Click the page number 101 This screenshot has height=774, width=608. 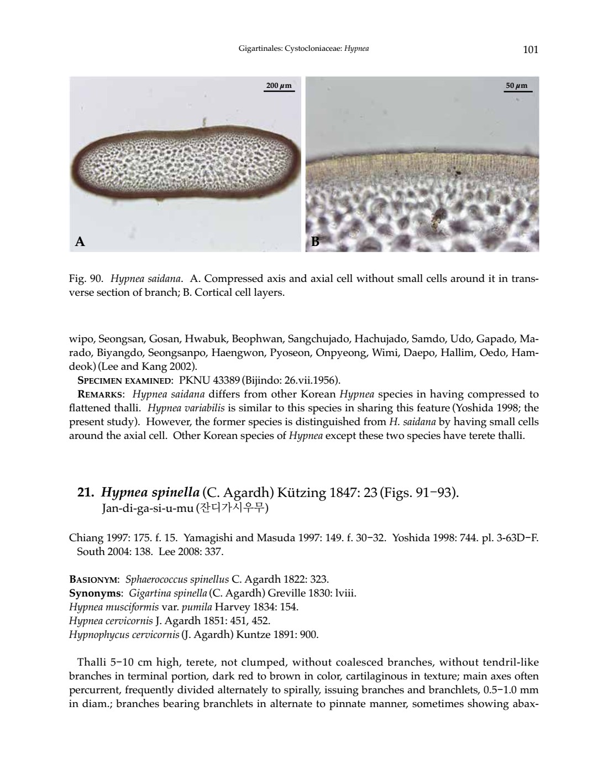(530, 50)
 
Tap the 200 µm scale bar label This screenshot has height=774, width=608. (279, 86)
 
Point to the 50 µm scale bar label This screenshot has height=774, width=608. (517, 86)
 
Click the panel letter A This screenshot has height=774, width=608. (80, 242)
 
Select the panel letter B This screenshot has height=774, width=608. (315, 242)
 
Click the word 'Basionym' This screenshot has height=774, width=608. (93, 580)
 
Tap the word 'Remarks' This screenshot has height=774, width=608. (100, 394)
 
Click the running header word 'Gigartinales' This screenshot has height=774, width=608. (260, 49)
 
